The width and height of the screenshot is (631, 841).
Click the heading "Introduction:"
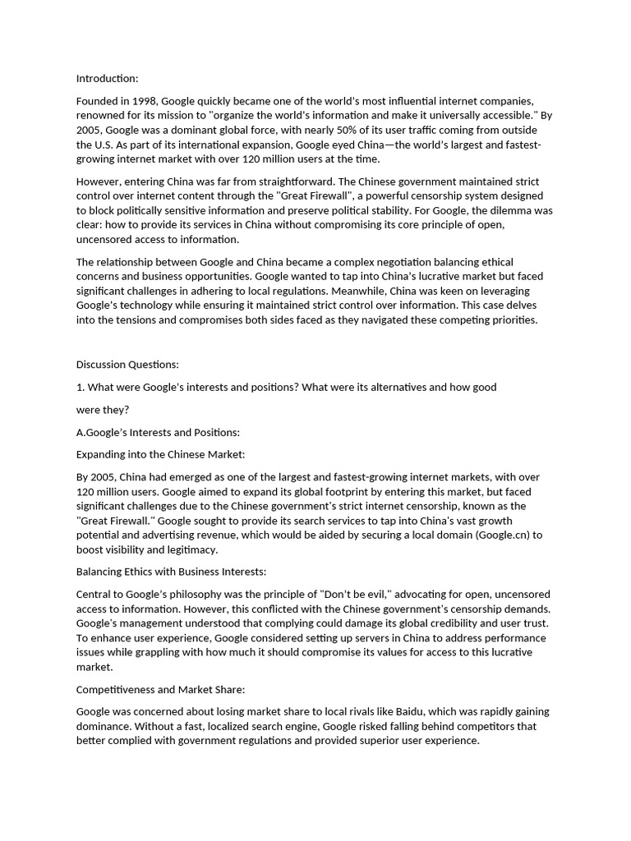click(107, 79)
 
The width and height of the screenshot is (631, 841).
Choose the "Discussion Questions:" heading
click(127, 365)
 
